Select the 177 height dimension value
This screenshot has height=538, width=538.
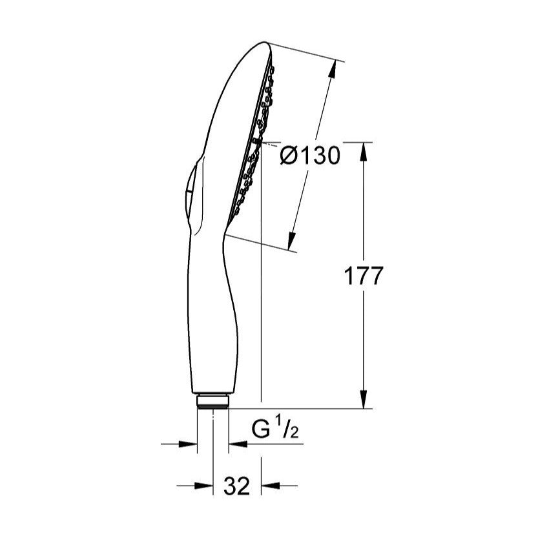coord(363,276)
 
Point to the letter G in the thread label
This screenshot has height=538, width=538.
coord(260,431)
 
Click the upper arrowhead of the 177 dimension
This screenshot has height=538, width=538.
coord(364,150)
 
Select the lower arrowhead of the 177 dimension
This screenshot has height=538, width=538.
coord(364,400)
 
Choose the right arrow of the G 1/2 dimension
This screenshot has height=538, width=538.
coord(236,444)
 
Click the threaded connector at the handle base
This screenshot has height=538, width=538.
coord(212,401)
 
